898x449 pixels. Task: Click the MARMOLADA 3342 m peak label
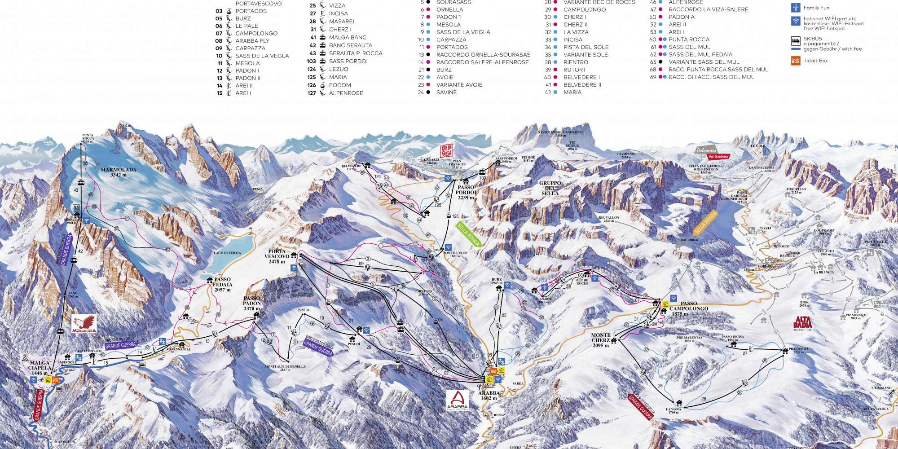[119, 172]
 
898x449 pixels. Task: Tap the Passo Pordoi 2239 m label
[466, 193]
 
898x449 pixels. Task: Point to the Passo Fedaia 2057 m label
[222, 285]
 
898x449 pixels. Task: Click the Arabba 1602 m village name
[489, 396]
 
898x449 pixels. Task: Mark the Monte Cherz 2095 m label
[600, 340]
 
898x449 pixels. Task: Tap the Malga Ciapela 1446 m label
[40, 368]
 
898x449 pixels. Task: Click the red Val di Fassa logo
[446, 151]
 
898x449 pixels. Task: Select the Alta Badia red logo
[802, 323]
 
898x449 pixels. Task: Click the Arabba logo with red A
[457, 400]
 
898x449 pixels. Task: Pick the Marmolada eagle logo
[84, 324]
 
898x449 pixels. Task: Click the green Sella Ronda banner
[468, 234]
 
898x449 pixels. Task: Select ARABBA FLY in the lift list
[252, 41]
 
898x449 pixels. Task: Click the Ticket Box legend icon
[796, 61]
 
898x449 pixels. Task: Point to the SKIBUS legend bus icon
[796, 41]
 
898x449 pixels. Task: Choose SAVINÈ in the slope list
[446, 92]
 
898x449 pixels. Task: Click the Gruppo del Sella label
[550, 188]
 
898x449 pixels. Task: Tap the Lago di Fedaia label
[227, 253]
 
